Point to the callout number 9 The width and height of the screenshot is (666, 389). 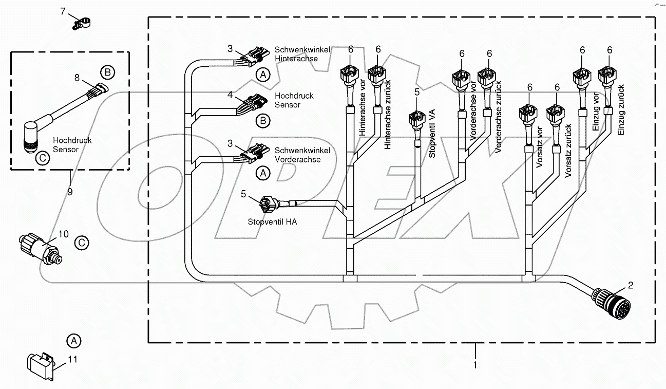point(70,192)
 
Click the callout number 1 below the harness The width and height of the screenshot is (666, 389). point(475,365)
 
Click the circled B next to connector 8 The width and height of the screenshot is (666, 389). point(106,72)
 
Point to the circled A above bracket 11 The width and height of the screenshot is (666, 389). point(74,340)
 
